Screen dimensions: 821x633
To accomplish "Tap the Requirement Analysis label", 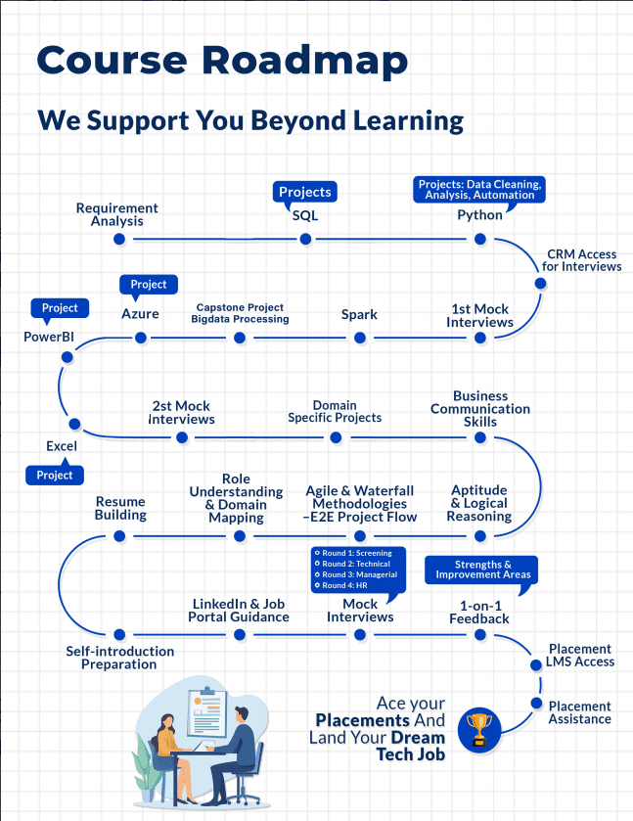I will tap(116, 214).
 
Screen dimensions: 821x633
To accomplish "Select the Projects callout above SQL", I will tap(305, 192).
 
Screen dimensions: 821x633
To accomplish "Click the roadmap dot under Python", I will tap(480, 236).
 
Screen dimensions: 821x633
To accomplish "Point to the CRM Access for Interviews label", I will tap(583, 260).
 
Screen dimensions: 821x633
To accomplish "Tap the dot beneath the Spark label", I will tap(359, 338).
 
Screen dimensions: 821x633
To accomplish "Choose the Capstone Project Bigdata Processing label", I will tap(241, 313).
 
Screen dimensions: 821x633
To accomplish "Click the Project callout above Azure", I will tap(149, 285).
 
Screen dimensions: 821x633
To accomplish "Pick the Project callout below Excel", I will tap(55, 475).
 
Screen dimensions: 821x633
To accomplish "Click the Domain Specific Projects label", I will tap(335, 411).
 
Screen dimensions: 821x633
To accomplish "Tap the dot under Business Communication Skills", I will tap(480, 437).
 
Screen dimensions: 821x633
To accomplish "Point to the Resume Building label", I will tap(120, 508).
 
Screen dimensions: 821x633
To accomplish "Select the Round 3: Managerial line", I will tap(358, 574).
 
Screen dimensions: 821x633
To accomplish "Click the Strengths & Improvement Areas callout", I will tap(481, 570).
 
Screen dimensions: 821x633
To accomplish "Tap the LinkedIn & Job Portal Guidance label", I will tap(240, 611).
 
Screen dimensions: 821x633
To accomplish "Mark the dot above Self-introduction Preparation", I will tap(119, 634).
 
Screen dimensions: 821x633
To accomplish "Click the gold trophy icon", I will tap(479, 727).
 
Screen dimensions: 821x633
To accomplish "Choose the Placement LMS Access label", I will tap(580, 655).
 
